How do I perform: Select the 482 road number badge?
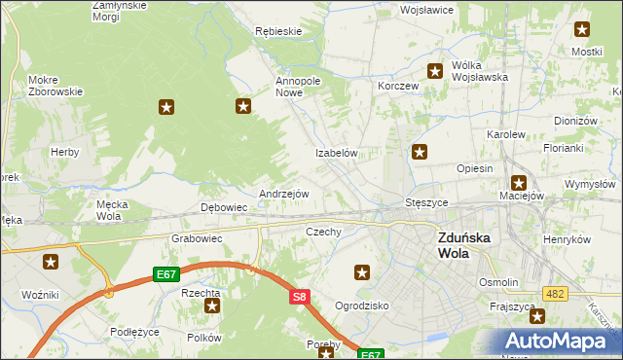click(x=555, y=292)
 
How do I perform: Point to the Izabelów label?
click(x=337, y=154)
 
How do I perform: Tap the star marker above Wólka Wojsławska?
click(x=435, y=70)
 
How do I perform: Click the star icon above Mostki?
click(x=582, y=30)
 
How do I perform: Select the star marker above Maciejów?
click(x=519, y=182)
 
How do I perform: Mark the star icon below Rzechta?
click(x=212, y=306)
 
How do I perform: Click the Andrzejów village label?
click(x=283, y=194)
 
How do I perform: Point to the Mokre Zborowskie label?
click(x=55, y=86)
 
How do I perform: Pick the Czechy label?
click(x=323, y=233)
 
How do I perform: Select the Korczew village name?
click(x=398, y=86)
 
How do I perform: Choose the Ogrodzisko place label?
click(x=362, y=305)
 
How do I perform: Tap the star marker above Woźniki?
click(x=51, y=262)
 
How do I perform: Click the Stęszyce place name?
click(x=425, y=203)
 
